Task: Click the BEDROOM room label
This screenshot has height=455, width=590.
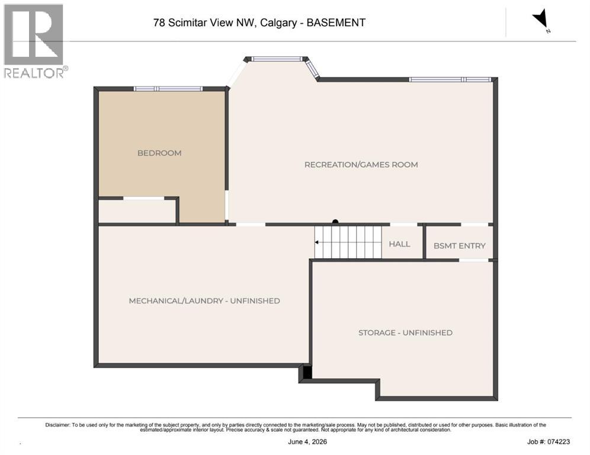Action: [x=159, y=153]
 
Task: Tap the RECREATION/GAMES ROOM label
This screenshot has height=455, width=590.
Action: [x=361, y=165]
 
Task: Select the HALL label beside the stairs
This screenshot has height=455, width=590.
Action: [x=399, y=244]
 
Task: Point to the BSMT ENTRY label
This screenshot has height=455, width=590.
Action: [x=460, y=246]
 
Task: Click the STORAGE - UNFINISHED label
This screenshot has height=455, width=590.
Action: [x=405, y=333]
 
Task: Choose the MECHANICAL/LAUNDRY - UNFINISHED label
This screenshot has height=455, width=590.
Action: [x=204, y=301]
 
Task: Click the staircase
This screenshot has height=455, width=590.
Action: [x=348, y=242]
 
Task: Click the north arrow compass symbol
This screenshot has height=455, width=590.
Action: [x=541, y=20]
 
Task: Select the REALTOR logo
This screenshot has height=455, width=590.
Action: [x=36, y=41]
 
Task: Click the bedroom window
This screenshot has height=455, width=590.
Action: [x=168, y=89]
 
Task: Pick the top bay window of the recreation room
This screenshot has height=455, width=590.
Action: [x=277, y=59]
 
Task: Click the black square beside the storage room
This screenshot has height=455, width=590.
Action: [x=307, y=372]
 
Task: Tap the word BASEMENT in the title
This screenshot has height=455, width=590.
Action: [x=336, y=23]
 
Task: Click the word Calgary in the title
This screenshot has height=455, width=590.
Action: [x=278, y=23]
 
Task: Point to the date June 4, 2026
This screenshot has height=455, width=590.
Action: [x=307, y=442]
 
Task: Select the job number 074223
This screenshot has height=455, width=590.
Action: [x=559, y=442]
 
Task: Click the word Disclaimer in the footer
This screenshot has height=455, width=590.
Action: [x=57, y=425]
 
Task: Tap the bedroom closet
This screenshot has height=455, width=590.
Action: [x=137, y=211]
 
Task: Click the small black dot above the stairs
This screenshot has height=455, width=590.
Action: [x=335, y=222]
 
